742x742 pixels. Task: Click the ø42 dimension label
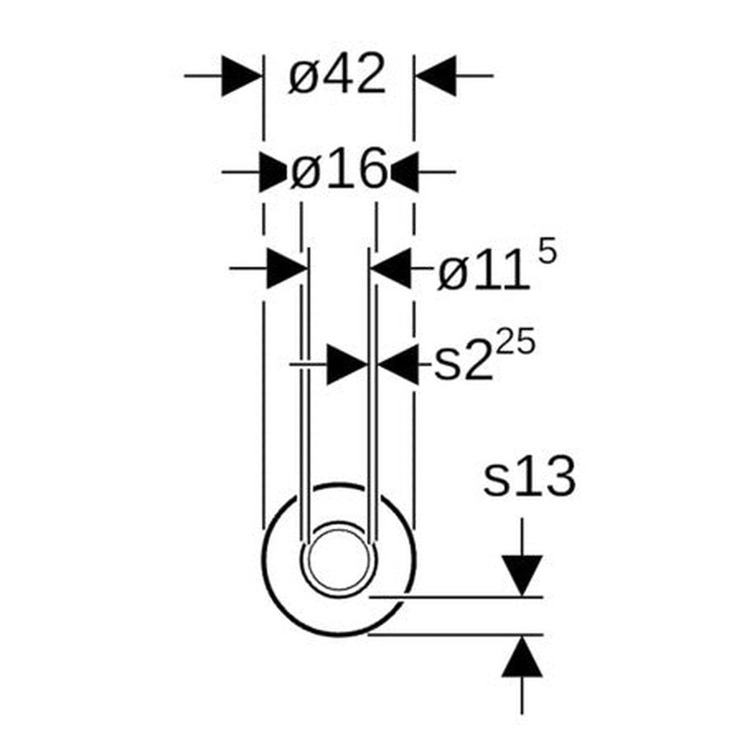click(337, 75)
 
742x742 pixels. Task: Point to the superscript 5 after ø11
click(547, 254)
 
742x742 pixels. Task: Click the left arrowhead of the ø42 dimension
click(241, 76)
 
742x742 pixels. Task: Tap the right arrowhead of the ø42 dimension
click(437, 76)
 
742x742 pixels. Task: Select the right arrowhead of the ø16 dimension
click(405, 171)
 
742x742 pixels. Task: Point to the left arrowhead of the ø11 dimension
click(287, 268)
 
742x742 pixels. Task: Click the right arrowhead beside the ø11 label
click(391, 268)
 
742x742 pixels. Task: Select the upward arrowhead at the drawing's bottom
click(522, 657)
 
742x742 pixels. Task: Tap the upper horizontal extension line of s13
click(458, 597)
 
